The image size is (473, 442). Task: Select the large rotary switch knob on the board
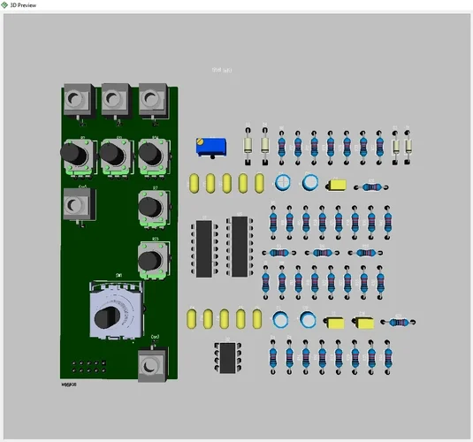(109, 316)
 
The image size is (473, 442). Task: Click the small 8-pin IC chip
(226, 357)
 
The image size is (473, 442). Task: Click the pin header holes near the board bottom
(87, 366)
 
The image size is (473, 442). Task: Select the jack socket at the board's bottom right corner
(152, 364)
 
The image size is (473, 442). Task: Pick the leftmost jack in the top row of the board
(77, 99)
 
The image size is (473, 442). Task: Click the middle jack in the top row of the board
(114, 99)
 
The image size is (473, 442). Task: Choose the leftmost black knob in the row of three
(74, 156)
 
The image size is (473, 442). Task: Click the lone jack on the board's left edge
(77, 207)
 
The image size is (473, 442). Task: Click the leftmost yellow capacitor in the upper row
(195, 183)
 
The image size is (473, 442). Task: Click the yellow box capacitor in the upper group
(338, 186)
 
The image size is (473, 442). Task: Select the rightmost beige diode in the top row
(408, 147)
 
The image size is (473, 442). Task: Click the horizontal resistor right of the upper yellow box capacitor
(371, 187)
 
